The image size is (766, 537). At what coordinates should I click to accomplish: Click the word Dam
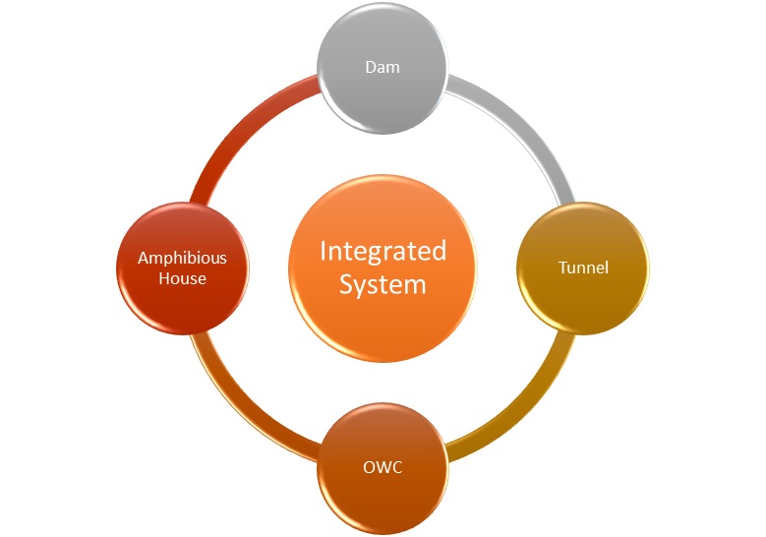pyautogui.click(x=383, y=67)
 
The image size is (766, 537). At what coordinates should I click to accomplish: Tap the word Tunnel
pyautogui.click(x=583, y=268)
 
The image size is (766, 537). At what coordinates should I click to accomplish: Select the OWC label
pyautogui.click(x=383, y=467)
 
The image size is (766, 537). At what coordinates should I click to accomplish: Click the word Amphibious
pyautogui.click(x=182, y=258)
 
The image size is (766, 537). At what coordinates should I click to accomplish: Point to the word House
pyautogui.click(x=182, y=278)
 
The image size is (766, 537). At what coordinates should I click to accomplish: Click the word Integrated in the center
pyautogui.click(x=383, y=252)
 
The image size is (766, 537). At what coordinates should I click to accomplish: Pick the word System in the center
pyautogui.click(x=383, y=285)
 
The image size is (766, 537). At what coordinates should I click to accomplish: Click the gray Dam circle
pyautogui.click(x=383, y=68)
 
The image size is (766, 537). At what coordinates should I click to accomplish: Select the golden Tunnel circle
pyautogui.click(x=583, y=268)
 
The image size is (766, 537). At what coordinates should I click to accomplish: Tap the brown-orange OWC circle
pyautogui.click(x=383, y=468)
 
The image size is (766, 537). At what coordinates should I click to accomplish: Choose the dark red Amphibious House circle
pyautogui.click(x=183, y=268)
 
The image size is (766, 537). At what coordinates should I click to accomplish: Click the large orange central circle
pyautogui.click(x=383, y=268)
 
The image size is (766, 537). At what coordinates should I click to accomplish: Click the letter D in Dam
pyautogui.click(x=371, y=67)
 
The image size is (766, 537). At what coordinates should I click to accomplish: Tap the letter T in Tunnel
pyautogui.click(x=563, y=268)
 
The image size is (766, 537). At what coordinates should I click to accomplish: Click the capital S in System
pyautogui.click(x=347, y=284)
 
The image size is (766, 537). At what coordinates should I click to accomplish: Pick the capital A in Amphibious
pyautogui.click(x=144, y=258)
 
